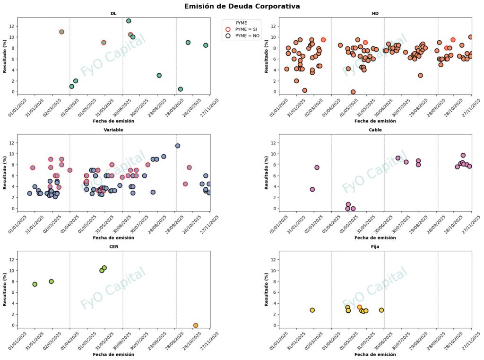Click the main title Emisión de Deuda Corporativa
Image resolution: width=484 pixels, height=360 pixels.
point(242,6)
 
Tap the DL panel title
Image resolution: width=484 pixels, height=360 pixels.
point(113,13)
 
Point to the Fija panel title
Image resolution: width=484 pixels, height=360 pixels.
point(375,246)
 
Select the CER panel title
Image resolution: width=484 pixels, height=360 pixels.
point(113,246)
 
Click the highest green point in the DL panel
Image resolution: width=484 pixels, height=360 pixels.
point(129,21)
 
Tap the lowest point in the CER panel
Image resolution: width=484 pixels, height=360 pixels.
point(196,325)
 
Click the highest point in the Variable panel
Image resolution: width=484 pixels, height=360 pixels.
point(178,146)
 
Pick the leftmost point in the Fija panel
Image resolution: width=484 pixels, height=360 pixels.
point(312,310)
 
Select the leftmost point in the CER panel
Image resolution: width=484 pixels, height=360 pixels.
point(35,284)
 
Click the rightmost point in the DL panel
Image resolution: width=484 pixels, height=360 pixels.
point(206,45)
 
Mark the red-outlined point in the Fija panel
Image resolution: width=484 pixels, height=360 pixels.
point(359,307)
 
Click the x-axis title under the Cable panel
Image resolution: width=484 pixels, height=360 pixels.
point(375,237)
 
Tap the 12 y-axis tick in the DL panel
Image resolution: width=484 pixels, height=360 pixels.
point(13,26)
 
